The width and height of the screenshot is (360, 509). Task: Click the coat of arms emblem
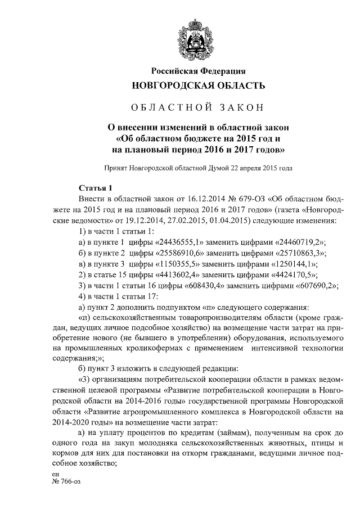[197, 35]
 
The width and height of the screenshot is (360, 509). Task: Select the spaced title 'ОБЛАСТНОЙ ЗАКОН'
[197, 107]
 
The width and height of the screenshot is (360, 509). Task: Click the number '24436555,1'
[178, 242]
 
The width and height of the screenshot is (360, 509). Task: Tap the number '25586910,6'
[178, 253]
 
